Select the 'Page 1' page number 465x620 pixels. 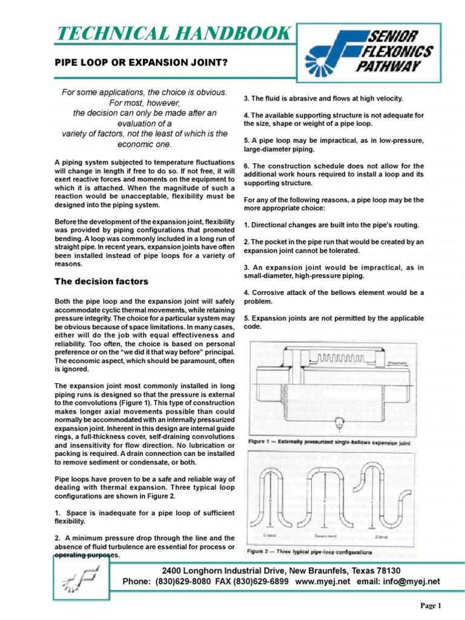point(432,606)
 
